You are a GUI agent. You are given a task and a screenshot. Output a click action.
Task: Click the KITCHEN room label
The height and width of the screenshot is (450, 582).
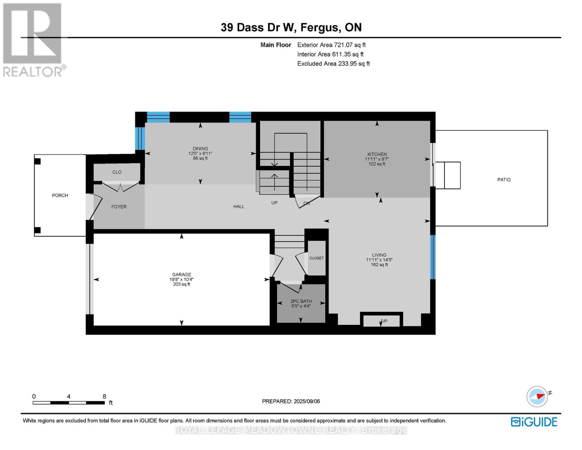click(x=377, y=154)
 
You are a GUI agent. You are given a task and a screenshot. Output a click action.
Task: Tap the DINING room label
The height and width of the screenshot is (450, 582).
click(x=200, y=148)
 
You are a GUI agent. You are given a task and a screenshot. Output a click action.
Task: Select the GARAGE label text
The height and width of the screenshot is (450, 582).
click(x=182, y=274)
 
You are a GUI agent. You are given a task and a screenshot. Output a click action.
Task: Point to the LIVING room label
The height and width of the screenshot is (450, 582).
click(x=379, y=255)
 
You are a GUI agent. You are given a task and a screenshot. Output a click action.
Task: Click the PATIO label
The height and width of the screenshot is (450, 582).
click(x=504, y=180)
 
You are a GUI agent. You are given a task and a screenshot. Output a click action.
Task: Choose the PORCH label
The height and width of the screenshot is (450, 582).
click(x=60, y=195)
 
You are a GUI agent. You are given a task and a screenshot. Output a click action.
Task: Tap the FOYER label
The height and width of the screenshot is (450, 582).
click(x=119, y=207)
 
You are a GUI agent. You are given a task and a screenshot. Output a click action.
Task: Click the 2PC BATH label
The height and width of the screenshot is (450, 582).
click(x=301, y=301)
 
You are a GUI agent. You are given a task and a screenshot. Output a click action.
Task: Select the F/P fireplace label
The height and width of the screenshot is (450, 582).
click(x=384, y=321)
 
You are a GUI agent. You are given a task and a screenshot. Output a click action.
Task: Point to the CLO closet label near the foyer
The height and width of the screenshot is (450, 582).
click(x=117, y=172)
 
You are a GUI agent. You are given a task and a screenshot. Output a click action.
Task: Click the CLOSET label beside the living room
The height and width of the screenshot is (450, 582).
click(x=317, y=258)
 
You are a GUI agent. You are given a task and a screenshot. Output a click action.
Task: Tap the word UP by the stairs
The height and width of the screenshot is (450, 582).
click(x=274, y=202)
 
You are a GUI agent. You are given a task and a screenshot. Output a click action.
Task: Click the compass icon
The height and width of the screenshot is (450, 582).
click(x=537, y=397)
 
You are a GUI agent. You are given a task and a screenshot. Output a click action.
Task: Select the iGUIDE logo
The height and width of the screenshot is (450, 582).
click(x=534, y=422)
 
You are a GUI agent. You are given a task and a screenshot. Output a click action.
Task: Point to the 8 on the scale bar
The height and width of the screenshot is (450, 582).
click(x=104, y=396)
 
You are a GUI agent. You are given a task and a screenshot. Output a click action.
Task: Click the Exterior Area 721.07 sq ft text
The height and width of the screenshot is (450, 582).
click(x=331, y=45)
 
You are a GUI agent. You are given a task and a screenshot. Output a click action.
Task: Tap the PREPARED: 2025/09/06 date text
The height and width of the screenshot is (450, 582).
click(x=291, y=401)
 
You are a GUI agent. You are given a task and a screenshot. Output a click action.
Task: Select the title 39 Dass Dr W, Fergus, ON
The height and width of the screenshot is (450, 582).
click(x=291, y=27)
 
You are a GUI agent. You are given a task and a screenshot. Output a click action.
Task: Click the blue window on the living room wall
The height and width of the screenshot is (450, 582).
click(x=432, y=257)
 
